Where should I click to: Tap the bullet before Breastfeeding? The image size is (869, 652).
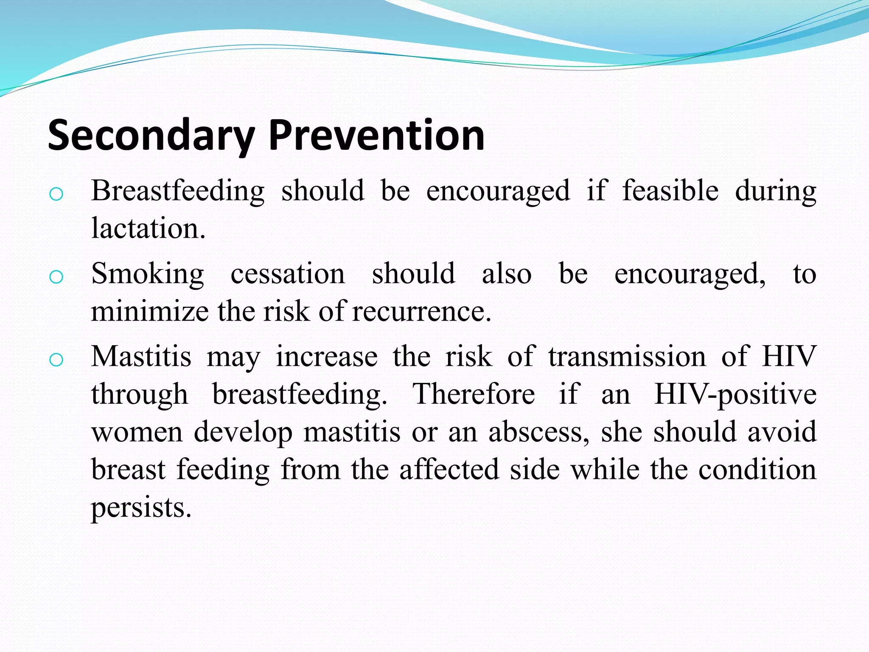click(x=56, y=194)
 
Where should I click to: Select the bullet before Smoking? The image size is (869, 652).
click(x=56, y=277)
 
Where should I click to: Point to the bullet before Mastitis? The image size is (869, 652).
click(x=56, y=360)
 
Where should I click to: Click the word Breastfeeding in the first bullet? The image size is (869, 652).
click(x=178, y=191)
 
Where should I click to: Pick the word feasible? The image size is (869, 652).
click(x=670, y=191)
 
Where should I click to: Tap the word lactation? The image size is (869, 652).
click(x=148, y=228)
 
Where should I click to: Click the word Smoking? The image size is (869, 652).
click(x=148, y=274)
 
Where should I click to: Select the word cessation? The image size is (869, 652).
click(x=288, y=274)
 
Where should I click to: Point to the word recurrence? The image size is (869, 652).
click(x=421, y=312)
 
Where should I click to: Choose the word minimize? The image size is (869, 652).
click(x=150, y=312)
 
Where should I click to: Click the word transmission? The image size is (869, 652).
click(x=627, y=357)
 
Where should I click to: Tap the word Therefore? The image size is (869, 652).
click(x=474, y=394)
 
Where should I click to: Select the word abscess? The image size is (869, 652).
click(x=538, y=432)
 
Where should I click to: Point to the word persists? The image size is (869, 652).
click(x=141, y=508)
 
